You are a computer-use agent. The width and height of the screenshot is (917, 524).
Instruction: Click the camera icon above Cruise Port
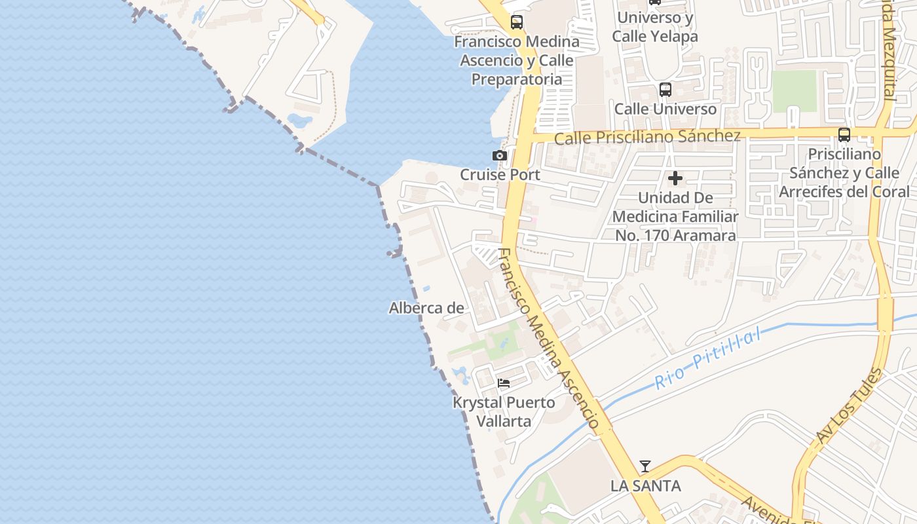[500, 155]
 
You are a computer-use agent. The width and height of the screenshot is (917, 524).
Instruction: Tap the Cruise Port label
[500, 175]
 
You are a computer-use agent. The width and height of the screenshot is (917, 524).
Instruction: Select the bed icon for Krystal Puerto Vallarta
[503, 383]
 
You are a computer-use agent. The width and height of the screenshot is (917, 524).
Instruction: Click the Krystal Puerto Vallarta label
[504, 411]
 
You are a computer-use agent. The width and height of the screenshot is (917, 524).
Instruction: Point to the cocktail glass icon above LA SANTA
[645, 466]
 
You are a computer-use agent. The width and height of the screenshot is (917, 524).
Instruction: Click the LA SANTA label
[645, 486]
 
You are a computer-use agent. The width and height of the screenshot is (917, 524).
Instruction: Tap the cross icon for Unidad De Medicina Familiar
[675, 178]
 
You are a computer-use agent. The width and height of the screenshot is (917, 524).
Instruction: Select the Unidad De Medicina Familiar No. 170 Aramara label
[675, 216]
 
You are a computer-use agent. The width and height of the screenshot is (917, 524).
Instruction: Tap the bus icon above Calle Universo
[665, 90]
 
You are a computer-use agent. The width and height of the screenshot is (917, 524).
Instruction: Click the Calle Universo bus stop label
[665, 109]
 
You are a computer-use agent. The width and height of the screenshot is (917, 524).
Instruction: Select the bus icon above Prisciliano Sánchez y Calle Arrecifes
[844, 135]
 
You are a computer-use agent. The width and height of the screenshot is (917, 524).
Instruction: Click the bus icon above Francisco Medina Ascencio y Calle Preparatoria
[517, 22]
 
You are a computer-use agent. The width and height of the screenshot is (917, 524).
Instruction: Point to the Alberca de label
[426, 308]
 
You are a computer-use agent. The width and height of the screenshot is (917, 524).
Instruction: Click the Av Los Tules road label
[850, 406]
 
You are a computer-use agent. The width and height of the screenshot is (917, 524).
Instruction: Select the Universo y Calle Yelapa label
[655, 27]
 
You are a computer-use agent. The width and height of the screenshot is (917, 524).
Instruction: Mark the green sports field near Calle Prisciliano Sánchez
[795, 91]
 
